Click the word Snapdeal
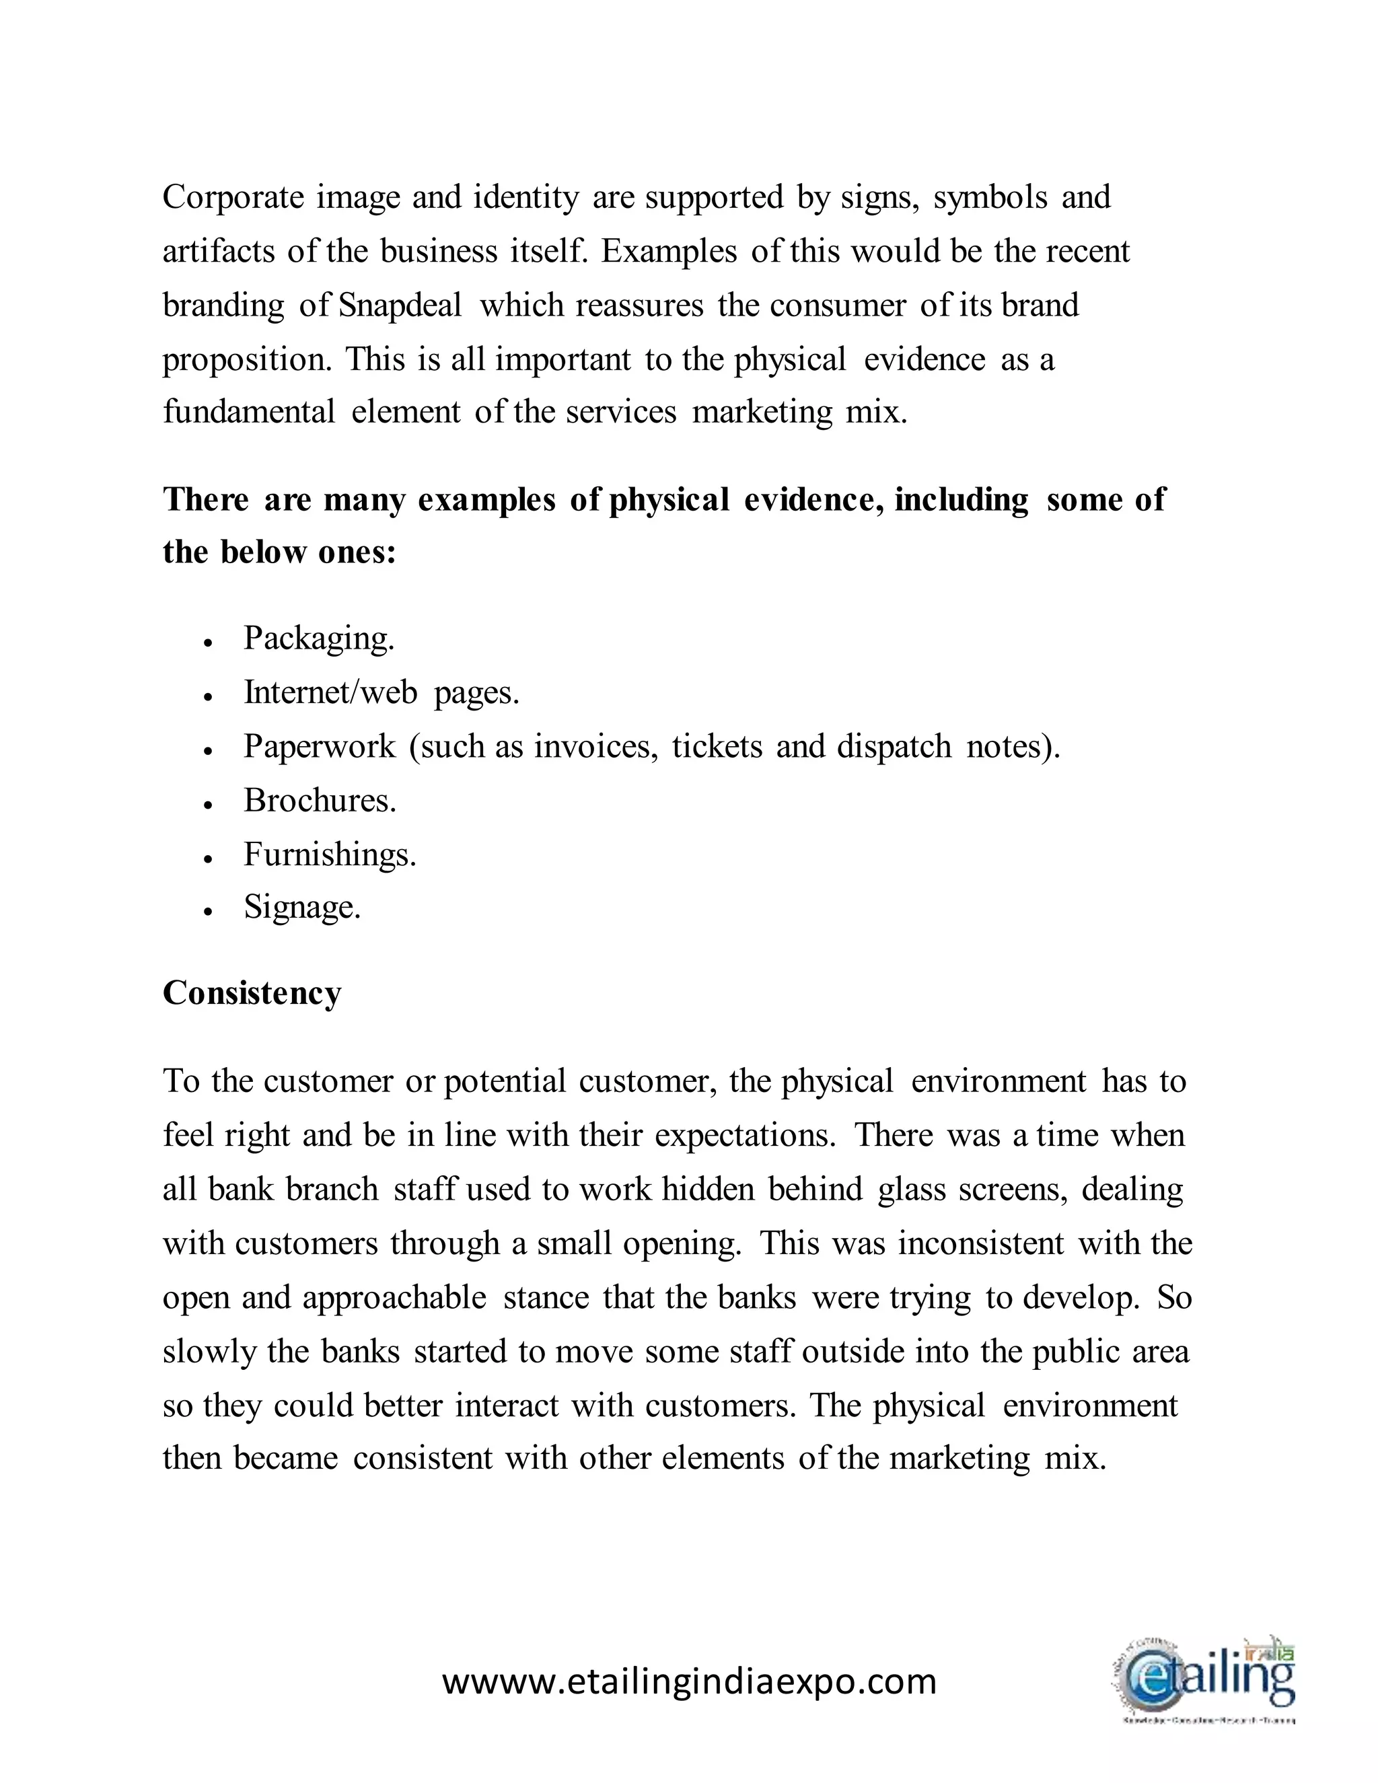(400, 305)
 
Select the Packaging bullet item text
(319, 639)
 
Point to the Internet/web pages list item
(382, 692)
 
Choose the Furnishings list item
(330, 854)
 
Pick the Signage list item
(302, 908)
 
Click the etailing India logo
(1206, 1679)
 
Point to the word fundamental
(249, 412)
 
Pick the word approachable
(394, 1298)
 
